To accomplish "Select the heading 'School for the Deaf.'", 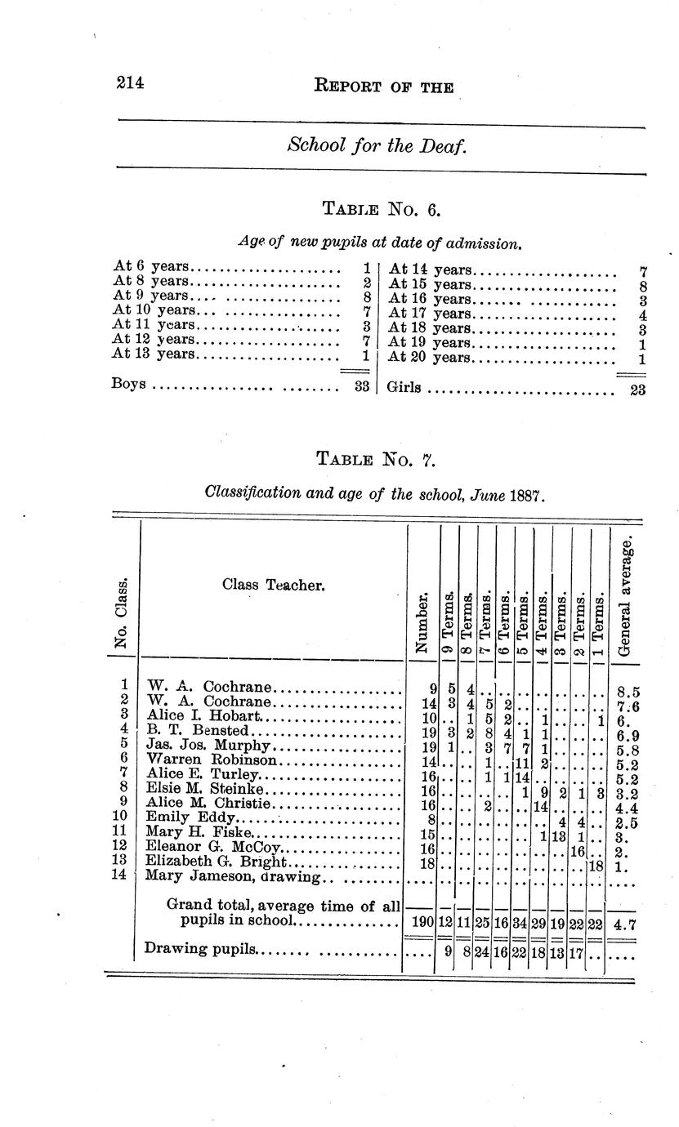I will pyautogui.click(x=377, y=146).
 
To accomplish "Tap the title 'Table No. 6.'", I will pyautogui.click(x=382, y=209).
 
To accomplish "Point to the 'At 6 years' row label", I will pyautogui.click(x=151, y=267).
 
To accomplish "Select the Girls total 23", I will pyautogui.click(x=637, y=390).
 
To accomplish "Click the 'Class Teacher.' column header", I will pyautogui.click(x=273, y=585).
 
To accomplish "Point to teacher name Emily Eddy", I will pyautogui.click(x=190, y=817).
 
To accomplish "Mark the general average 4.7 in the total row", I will pyautogui.click(x=625, y=922).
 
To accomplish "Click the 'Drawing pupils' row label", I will pyautogui.click(x=200, y=949).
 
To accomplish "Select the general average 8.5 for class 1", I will pyautogui.click(x=626, y=691).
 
